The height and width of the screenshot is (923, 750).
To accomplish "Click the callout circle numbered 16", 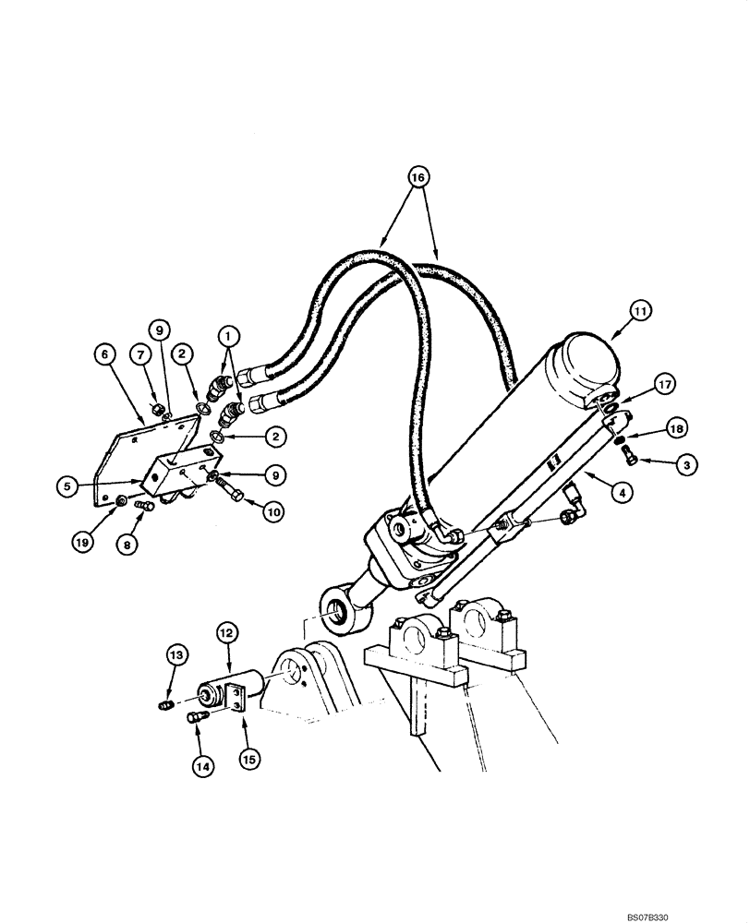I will click(418, 175).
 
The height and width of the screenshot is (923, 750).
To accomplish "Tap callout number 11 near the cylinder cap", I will click(637, 314).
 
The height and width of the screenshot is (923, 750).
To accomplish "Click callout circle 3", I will click(683, 465).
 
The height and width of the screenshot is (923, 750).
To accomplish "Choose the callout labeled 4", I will click(624, 493).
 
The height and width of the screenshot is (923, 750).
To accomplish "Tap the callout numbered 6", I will click(105, 354).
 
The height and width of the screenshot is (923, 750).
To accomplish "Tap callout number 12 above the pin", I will click(226, 634).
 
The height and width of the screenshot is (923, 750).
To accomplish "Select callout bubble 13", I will click(176, 655).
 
